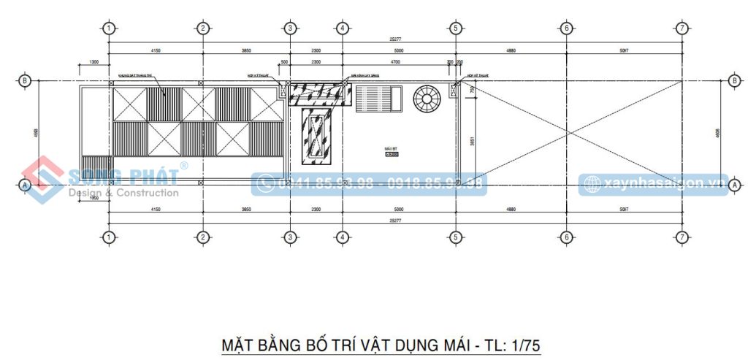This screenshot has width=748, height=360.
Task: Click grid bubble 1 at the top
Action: point(108,28)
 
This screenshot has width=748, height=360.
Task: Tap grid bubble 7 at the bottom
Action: point(682,237)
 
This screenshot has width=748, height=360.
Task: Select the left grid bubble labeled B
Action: point(24,81)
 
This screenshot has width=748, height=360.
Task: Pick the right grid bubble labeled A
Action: point(734,186)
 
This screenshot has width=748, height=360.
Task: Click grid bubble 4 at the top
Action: point(342,28)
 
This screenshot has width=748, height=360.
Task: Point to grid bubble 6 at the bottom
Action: point(566,237)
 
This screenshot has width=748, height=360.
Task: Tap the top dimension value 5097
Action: point(624,50)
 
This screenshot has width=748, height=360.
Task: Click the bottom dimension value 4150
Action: point(155,210)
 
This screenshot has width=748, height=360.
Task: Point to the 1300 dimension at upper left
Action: point(93,63)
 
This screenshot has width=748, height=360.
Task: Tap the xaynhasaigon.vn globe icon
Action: point(592,183)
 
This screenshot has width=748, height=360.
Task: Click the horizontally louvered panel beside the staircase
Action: point(378,99)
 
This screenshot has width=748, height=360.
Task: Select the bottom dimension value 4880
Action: point(511,210)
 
